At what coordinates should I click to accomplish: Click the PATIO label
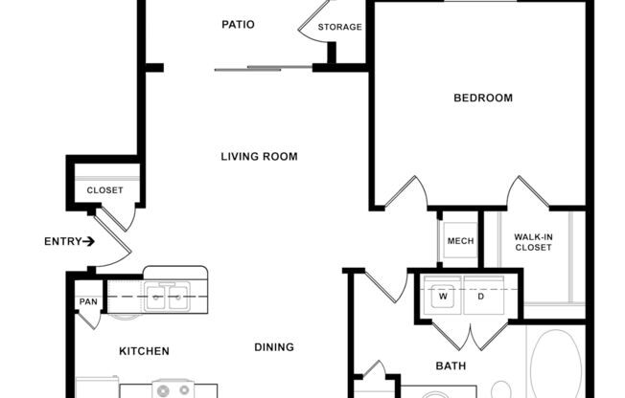click(x=238, y=24)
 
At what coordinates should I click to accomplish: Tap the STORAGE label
click(x=340, y=27)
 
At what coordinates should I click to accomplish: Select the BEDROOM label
click(x=482, y=98)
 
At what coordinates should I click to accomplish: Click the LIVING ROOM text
click(x=259, y=157)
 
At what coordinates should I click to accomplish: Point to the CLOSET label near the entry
click(x=104, y=190)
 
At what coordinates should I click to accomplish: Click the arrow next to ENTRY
click(x=89, y=241)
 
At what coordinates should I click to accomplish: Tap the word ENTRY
click(x=62, y=241)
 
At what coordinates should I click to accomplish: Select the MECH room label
click(x=460, y=241)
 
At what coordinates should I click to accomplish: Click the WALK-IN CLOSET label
click(x=532, y=242)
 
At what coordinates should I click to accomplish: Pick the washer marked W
click(x=443, y=296)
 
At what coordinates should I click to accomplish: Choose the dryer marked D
click(x=481, y=296)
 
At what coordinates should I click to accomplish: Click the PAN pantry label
click(x=88, y=302)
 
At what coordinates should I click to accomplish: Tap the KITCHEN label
click(x=144, y=351)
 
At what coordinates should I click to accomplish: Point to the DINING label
click(x=274, y=347)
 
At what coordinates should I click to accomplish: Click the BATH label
click(x=451, y=365)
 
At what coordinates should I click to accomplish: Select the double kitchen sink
click(x=167, y=297)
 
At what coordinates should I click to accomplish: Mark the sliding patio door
click(x=264, y=68)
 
